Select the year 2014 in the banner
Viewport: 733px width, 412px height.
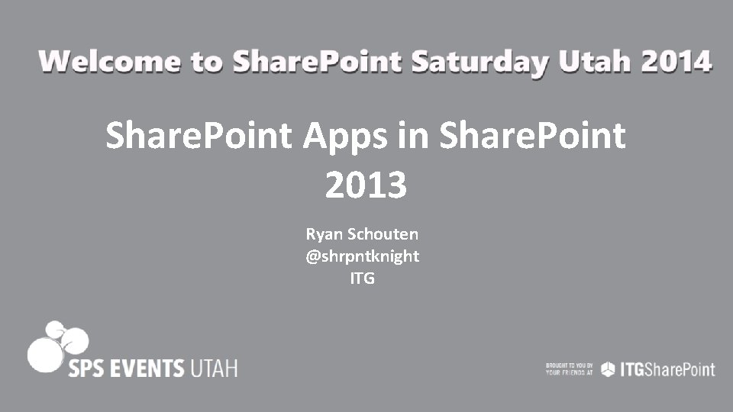(676, 61)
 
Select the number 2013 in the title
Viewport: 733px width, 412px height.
(366, 185)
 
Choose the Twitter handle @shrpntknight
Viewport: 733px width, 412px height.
(362, 256)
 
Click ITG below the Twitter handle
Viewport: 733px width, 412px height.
(362, 278)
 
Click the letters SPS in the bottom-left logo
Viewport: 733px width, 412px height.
(86, 369)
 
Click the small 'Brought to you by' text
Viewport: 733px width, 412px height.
(569, 369)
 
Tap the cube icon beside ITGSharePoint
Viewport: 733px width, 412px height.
(608, 369)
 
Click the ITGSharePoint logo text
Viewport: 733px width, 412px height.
(666, 369)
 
